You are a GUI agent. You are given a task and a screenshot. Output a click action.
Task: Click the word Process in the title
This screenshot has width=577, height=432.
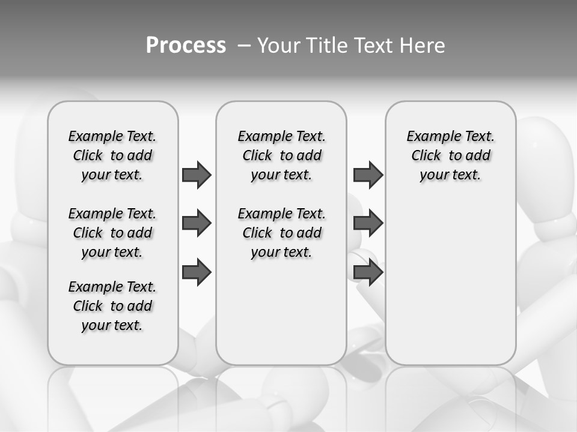pyautogui.click(x=186, y=46)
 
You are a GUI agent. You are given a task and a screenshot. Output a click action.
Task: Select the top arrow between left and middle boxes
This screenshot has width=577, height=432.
pyautogui.click(x=197, y=175)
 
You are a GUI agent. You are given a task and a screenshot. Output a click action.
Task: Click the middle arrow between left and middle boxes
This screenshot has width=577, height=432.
pyautogui.click(x=197, y=223)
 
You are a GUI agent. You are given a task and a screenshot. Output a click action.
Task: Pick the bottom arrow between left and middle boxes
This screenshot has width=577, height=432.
pyautogui.click(x=197, y=272)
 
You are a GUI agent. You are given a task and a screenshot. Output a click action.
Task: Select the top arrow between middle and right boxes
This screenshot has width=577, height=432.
pyautogui.click(x=368, y=175)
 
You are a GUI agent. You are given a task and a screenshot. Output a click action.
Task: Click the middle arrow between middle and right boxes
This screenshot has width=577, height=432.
pyautogui.click(x=368, y=223)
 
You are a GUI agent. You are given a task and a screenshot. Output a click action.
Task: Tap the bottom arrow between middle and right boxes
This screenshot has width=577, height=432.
pyautogui.click(x=368, y=272)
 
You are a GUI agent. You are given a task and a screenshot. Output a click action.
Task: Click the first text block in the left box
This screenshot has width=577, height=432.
pyautogui.click(x=112, y=155)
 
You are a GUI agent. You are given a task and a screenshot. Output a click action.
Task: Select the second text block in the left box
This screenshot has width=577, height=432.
pyautogui.click(x=112, y=233)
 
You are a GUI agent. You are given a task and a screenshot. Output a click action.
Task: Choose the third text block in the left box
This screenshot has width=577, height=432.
pyautogui.click(x=112, y=306)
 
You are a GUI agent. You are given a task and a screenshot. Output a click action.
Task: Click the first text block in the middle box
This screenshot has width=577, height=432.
pyautogui.click(x=281, y=155)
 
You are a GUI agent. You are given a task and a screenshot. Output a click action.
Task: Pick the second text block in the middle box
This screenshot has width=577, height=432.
pyautogui.click(x=281, y=233)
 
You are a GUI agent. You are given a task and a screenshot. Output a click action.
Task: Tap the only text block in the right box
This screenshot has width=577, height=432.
pyautogui.click(x=450, y=155)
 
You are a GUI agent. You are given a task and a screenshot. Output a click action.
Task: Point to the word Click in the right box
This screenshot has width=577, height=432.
pyautogui.click(x=426, y=156)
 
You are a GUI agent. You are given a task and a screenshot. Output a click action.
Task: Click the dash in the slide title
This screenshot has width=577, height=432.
pyautogui.click(x=244, y=46)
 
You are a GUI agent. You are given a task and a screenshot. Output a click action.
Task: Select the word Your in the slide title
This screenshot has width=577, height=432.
pyautogui.click(x=279, y=46)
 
